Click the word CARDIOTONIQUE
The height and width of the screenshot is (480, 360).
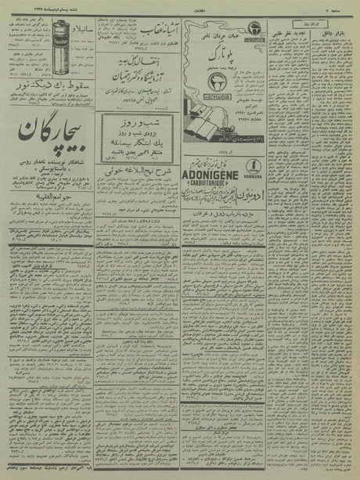[211, 162]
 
